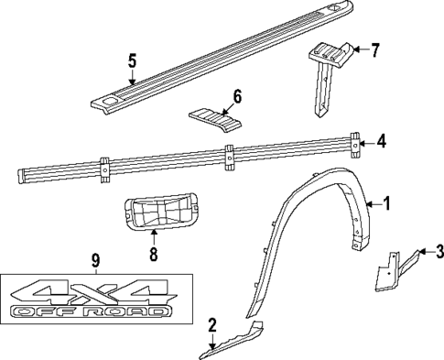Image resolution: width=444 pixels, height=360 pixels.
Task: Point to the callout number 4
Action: (x=382, y=141)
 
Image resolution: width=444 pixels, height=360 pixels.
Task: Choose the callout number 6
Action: (x=236, y=94)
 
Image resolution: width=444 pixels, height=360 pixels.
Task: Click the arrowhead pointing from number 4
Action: (x=364, y=142)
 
